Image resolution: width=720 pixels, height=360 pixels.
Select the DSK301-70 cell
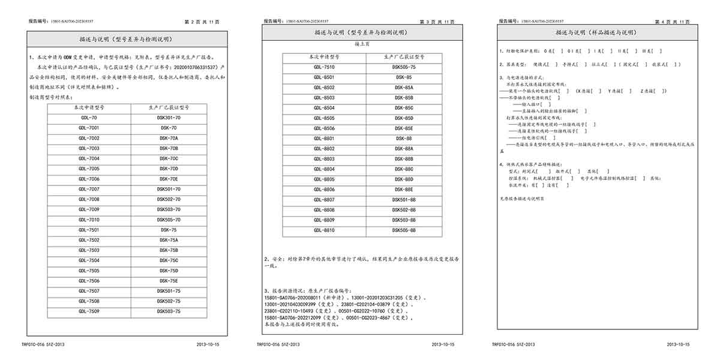click(x=169, y=118)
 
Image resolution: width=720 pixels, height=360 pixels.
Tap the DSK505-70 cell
click(x=169, y=220)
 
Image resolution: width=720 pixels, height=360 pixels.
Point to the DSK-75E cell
click(x=169, y=281)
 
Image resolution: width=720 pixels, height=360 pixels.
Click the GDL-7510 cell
click(x=324, y=67)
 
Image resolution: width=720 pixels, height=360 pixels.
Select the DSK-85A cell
click(x=404, y=88)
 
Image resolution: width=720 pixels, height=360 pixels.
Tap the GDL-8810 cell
click(x=324, y=230)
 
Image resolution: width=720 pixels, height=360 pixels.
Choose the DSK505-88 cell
click(x=404, y=230)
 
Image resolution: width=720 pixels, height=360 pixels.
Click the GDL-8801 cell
click(x=324, y=139)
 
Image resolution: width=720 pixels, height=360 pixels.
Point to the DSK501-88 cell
click(x=404, y=200)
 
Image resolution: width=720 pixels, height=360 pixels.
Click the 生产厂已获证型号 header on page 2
click(x=169, y=107)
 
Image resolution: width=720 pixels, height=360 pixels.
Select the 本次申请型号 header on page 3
click(x=324, y=57)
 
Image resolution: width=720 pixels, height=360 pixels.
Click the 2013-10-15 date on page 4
click(x=678, y=344)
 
